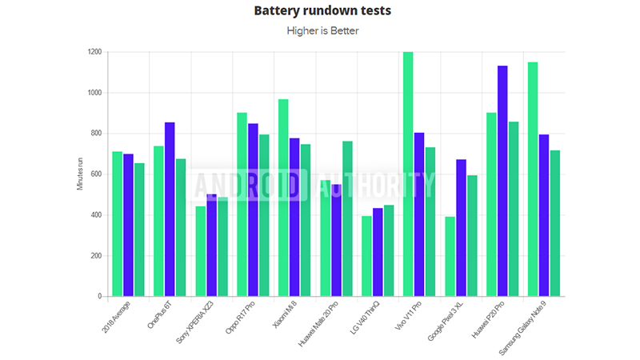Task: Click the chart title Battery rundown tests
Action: click(322, 10)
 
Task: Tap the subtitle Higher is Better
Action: click(322, 30)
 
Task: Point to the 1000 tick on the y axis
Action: click(94, 93)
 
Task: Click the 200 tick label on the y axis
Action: click(96, 255)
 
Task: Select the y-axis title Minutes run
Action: click(80, 174)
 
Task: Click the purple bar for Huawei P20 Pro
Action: click(502, 181)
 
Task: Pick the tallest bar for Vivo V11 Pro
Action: click(408, 174)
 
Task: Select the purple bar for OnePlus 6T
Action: click(170, 210)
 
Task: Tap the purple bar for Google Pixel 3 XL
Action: click(462, 228)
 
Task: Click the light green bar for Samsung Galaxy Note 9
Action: click(533, 179)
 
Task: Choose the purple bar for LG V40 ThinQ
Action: click(378, 252)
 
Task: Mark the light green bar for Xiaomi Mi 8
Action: click(283, 198)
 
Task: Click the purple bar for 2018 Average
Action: click(128, 225)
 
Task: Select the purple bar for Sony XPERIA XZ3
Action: click(212, 246)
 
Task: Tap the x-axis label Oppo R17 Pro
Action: click(240, 317)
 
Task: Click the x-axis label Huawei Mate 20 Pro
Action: click(318, 324)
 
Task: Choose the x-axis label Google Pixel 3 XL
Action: click(445, 321)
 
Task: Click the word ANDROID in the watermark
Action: click(251, 186)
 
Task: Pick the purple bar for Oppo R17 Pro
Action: click(253, 210)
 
